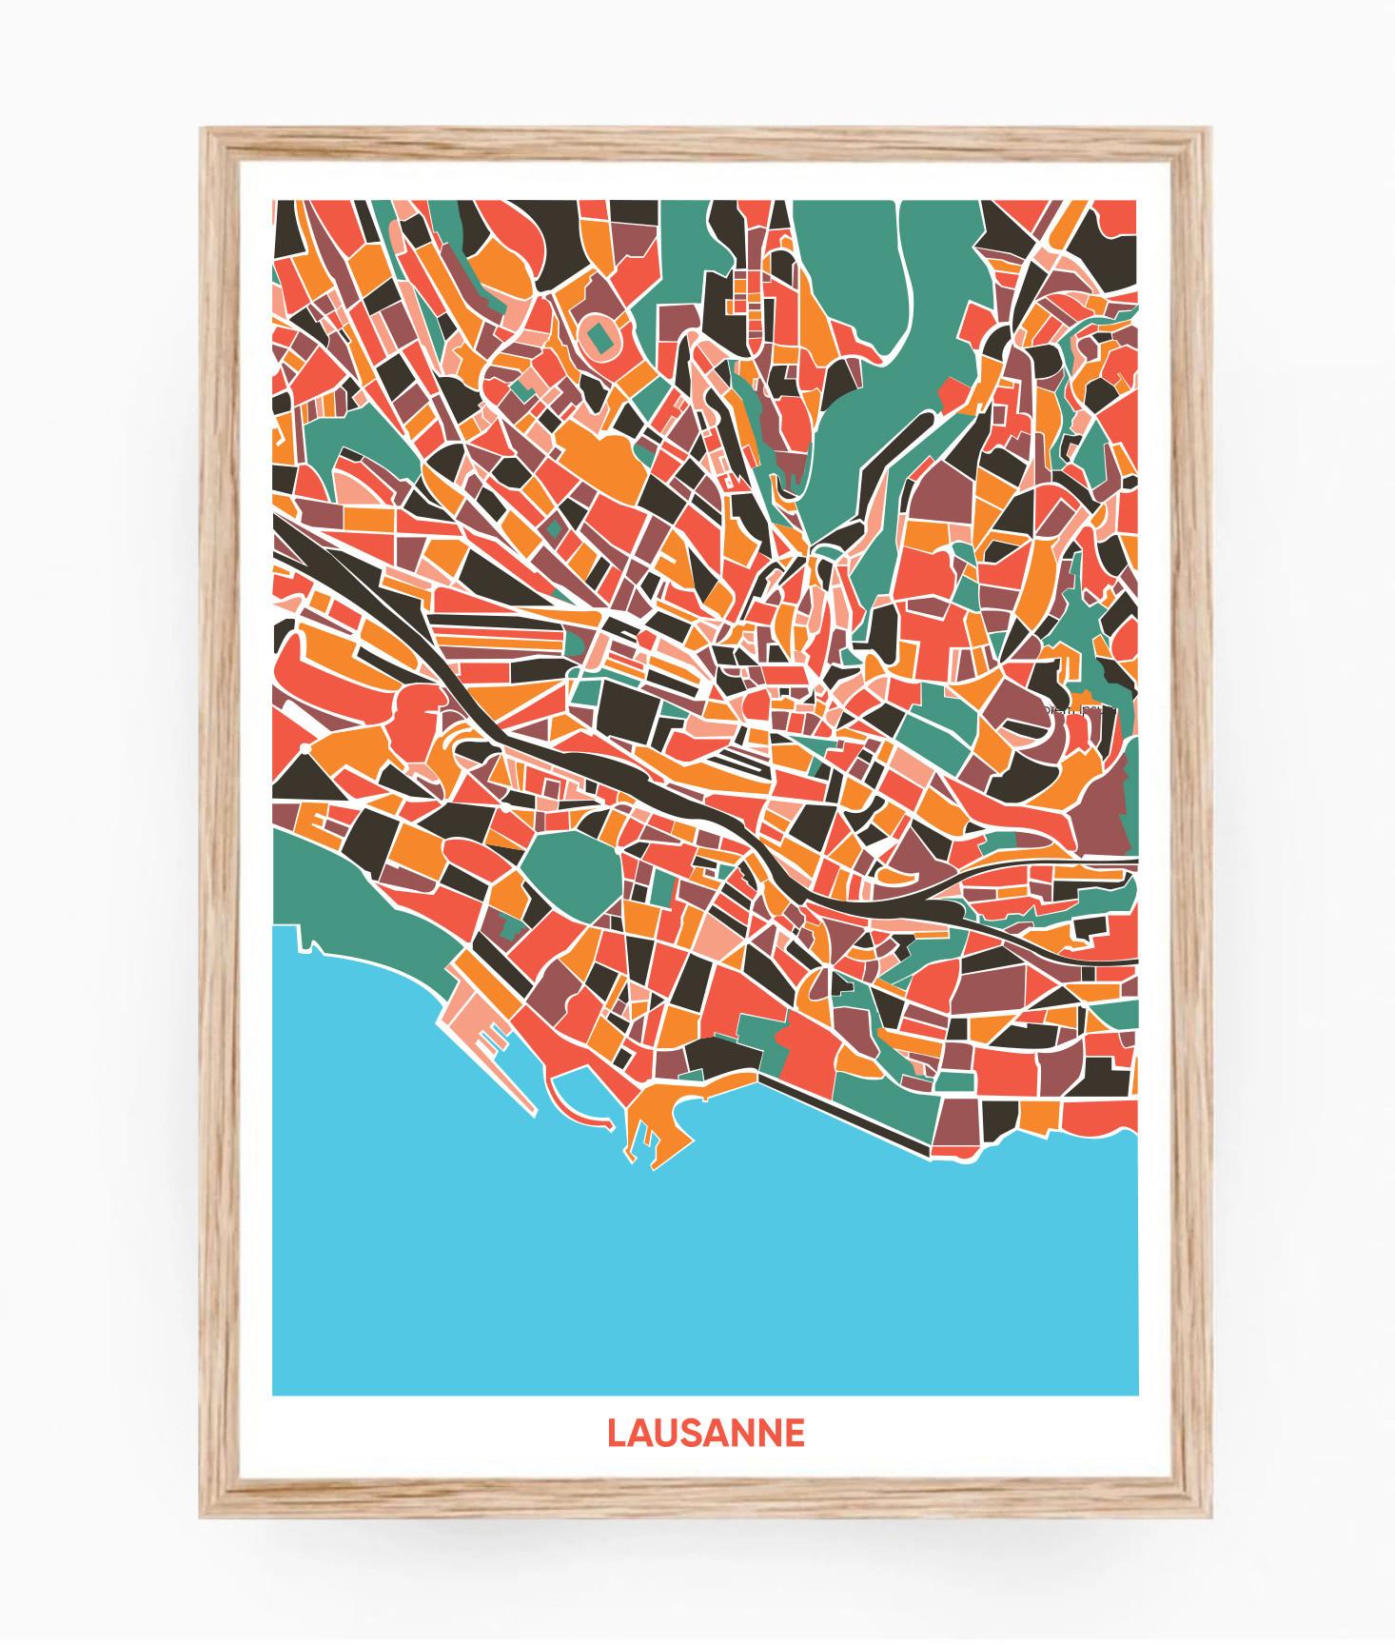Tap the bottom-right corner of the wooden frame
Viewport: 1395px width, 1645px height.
pyautogui.click(x=1207, y=1514)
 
